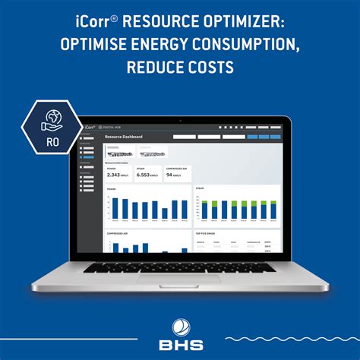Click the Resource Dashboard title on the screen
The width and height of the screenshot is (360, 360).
click(123, 137)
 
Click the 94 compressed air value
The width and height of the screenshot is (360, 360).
click(170, 175)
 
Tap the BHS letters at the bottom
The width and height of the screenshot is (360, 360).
click(179, 344)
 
